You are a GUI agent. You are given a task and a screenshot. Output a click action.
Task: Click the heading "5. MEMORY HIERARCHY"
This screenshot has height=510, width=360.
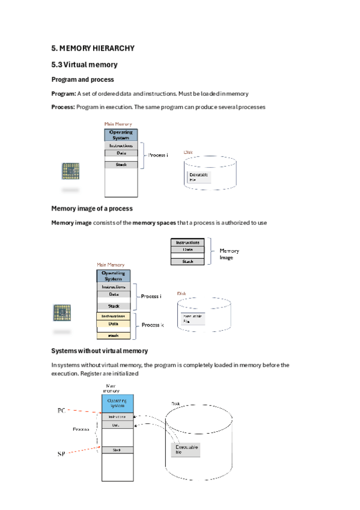(93, 48)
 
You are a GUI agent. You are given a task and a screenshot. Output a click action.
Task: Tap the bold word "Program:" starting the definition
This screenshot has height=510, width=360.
(64, 94)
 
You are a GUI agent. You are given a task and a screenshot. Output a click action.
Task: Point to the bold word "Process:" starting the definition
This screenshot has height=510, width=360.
(64, 107)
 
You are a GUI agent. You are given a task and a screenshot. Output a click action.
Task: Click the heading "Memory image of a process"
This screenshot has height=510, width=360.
(92, 209)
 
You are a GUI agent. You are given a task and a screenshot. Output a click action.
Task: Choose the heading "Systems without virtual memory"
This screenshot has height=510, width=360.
(100, 351)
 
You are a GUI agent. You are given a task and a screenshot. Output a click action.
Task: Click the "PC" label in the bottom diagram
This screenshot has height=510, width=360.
(61, 411)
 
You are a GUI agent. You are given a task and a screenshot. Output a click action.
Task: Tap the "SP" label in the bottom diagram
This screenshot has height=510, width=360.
(61, 453)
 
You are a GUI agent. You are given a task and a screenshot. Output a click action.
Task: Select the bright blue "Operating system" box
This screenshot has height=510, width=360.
(117, 402)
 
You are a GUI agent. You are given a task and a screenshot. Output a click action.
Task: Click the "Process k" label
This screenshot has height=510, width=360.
(153, 325)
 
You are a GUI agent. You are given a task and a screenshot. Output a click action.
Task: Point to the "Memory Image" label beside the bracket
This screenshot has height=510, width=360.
(229, 254)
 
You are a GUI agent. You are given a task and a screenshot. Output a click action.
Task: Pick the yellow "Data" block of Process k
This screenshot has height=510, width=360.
(113, 324)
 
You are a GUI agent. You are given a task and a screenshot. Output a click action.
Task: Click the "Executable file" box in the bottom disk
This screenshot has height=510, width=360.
(186, 450)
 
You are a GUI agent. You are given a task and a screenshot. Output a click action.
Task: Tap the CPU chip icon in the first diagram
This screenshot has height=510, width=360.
(70, 171)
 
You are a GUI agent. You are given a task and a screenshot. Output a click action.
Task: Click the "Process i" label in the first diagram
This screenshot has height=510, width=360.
(158, 155)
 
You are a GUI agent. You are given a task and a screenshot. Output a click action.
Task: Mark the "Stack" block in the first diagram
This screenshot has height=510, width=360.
(121, 165)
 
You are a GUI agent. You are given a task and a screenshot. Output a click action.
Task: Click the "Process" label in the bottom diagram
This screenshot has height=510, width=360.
(81, 430)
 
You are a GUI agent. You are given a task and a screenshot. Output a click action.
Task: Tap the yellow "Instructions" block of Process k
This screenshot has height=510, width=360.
(113, 316)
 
